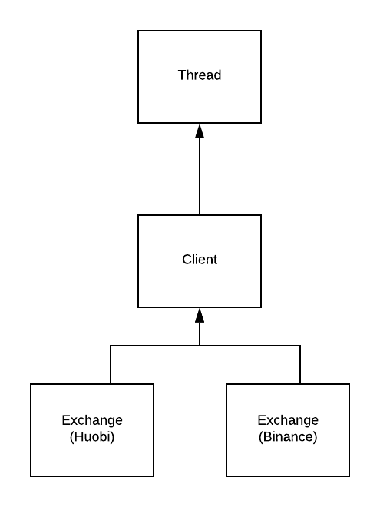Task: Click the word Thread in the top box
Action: [x=200, y=75]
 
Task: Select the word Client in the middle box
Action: [x=200, y=260]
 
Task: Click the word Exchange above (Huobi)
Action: [x=92, y=420]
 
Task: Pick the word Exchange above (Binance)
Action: [x=288, y=420]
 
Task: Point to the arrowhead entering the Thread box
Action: [x=200, y=131]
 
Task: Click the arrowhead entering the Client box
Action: [x=200, y=315]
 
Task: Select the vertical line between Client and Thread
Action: [x=200, y=177]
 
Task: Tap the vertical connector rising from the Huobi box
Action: [x=111, y=365]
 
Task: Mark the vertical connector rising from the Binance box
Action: [x=300, y=365]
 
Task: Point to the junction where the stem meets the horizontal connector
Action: [x=200, y=346]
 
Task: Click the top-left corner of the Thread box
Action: [x=138, y=31]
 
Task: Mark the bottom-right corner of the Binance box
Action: [x=349, y=476]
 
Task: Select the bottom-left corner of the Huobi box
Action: [x=31, y=476]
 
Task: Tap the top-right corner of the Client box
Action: [x=261, y=215]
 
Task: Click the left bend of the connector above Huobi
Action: [x=111, y=346]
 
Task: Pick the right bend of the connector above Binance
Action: [x=300, y=346]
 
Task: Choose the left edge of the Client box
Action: [x=138, y=261]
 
